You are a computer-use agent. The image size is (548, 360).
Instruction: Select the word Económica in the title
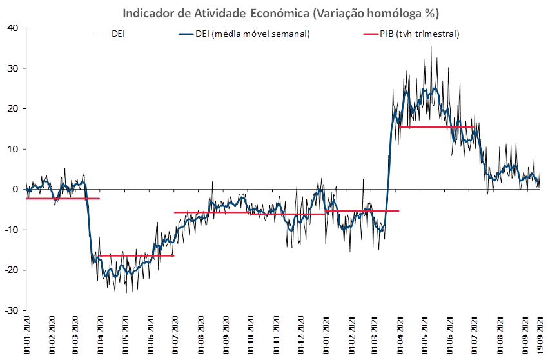(277, 14)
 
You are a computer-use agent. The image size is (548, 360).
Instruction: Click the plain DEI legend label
(118, 34)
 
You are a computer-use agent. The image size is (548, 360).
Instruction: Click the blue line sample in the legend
(184, 34)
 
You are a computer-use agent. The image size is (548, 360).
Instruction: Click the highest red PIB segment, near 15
(436, 127)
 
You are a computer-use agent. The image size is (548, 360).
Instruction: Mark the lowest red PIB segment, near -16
(137, 255)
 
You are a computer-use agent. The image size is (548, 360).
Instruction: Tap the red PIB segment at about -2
(63, 199)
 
